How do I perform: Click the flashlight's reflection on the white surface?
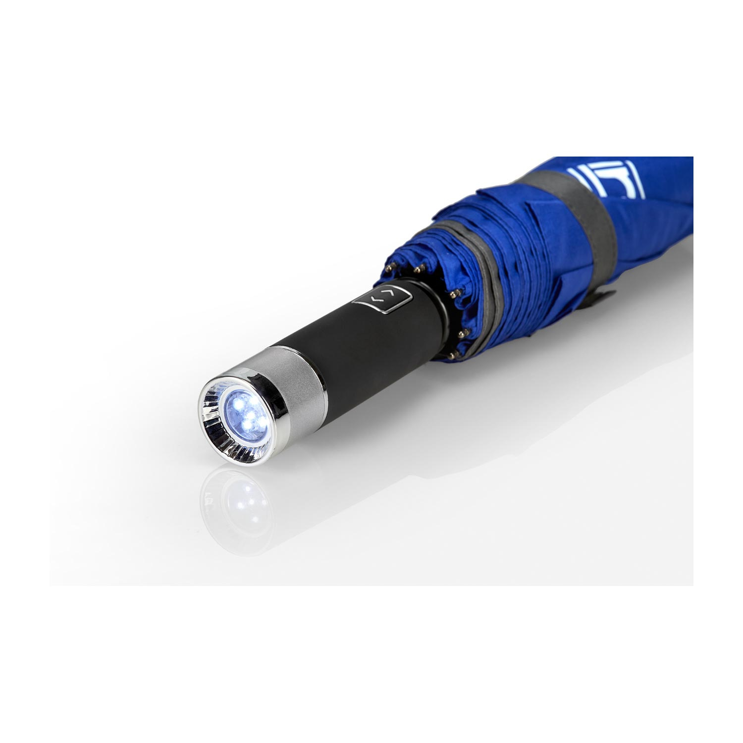238,500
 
